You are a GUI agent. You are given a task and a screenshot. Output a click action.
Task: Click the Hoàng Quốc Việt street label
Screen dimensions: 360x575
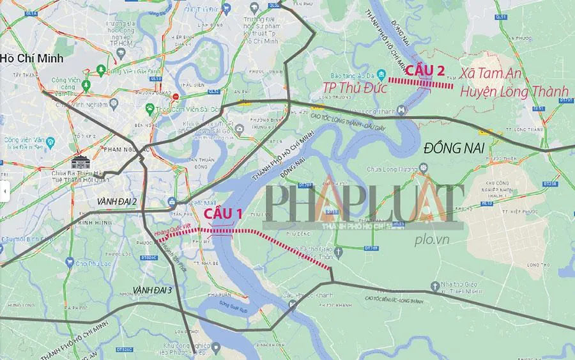pyautogui.click(x=173, y=232)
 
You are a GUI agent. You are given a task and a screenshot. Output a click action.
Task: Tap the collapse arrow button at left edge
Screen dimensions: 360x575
pyautogui.click(x=4, y=191)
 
